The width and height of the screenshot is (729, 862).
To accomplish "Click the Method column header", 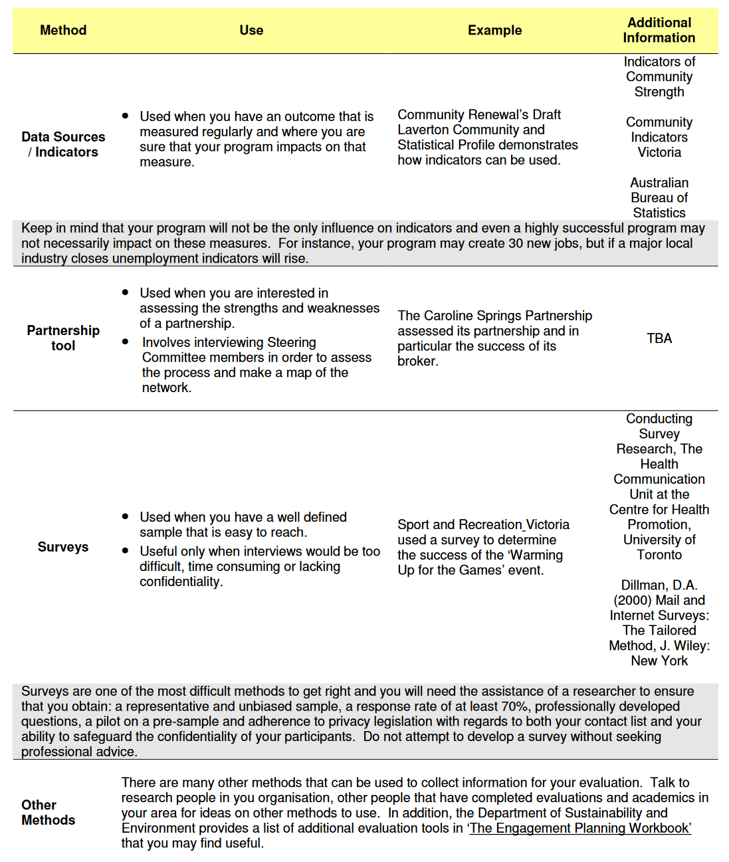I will (63, 31).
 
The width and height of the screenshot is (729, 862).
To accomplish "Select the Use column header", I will (251, 31).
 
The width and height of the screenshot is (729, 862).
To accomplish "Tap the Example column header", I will (494, 31).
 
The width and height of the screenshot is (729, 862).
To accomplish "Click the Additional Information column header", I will (659, 31).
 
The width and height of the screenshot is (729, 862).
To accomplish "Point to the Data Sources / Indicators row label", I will (63, 144).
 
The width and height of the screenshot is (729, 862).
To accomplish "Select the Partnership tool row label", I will (63, 338).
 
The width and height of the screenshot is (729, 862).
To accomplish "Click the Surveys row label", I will (63, 547).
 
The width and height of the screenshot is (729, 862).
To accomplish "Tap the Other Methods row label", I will (48, 813).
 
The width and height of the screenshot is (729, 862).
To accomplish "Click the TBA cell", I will (659, 339).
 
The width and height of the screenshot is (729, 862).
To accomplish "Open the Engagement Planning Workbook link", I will (580, 828).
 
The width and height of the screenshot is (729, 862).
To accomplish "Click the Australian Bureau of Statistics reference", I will (659, 198).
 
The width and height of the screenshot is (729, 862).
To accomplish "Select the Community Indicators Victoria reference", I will (659, 138).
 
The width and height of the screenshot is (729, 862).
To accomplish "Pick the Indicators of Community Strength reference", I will (659, 77).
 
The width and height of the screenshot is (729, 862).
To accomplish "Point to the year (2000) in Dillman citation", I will (633, 600).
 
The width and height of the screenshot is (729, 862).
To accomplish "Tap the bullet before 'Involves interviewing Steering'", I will (125, 342).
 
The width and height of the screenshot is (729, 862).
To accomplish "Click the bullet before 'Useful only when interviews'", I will (125, 550).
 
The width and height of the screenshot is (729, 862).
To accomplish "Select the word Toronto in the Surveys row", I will (659, 555).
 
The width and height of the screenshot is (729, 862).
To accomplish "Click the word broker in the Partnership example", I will (417, 362).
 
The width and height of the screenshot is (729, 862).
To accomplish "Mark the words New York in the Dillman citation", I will (659, 661).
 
